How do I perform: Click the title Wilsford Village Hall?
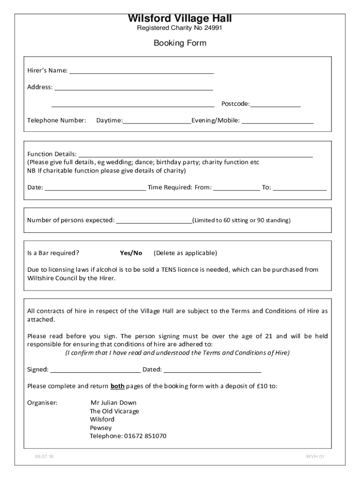pos(180,19)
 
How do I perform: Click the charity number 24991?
pos(213,29)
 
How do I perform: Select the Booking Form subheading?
pos(180,44)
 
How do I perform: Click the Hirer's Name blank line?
pos(141,71)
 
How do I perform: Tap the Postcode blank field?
pos(275,104)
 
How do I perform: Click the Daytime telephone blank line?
pos(157,121)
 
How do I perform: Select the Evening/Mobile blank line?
pos(277,121)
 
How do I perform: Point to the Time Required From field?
pos(237,188)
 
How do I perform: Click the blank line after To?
pos(300,188)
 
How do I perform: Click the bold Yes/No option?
pos(131,253)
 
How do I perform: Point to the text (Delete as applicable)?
pos(185,253)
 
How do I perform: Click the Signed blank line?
pos(95,370)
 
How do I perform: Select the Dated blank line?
pos(212,370)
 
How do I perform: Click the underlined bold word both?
pos(117,386)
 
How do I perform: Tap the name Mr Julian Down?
pos(113,403)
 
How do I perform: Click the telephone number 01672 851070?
pos(145,436)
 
